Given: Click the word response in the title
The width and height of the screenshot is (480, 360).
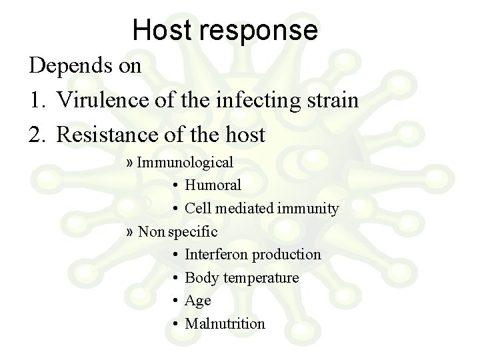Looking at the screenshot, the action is [x=260, y=31].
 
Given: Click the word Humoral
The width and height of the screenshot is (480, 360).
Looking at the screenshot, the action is [x=213, y=185].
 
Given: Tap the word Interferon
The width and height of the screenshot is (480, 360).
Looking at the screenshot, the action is [x=215, y=255].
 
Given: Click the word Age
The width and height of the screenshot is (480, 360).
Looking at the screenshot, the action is [x=198, y=301].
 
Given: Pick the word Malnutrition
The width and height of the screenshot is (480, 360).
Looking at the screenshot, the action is [x=225, y=324].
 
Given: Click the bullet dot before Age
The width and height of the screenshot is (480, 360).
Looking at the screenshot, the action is [x=173, y=301].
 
